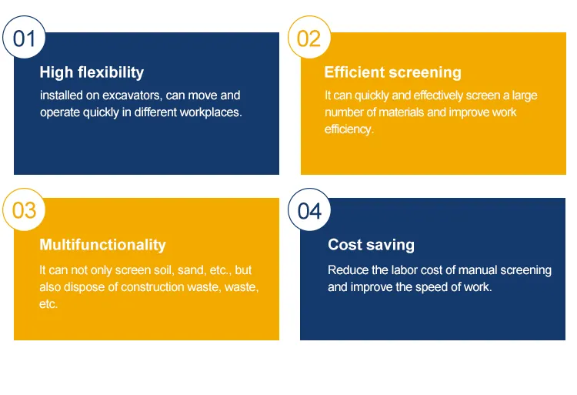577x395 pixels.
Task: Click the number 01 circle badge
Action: point(24,37)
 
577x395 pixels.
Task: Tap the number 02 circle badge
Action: point(309,37)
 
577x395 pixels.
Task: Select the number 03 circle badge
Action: point(24,209)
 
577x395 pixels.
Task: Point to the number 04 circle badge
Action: point(309,209)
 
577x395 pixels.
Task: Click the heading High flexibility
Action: point(92,72)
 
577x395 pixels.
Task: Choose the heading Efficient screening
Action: point(392,72)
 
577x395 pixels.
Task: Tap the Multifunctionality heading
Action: point(102,245)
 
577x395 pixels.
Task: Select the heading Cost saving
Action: point(371,245)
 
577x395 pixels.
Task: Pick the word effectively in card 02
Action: point(439,95)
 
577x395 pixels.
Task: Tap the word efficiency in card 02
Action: point(349,129)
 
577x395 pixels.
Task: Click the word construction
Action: point(152,287)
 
